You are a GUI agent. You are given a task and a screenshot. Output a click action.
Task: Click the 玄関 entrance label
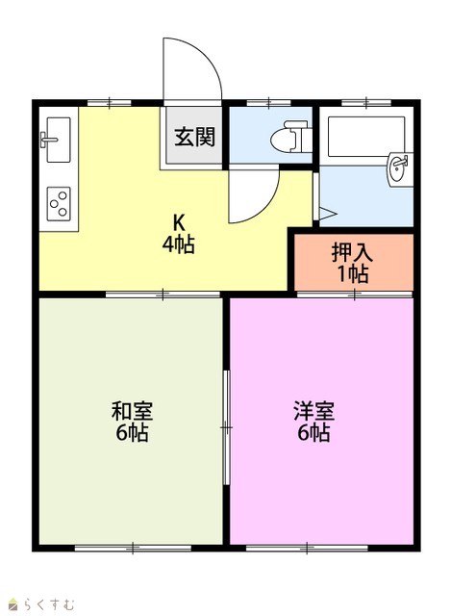tap(194, 137)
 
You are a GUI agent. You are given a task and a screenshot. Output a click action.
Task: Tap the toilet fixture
tap(290, 137)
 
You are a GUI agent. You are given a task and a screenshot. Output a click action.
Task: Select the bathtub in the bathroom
tap(366, 136)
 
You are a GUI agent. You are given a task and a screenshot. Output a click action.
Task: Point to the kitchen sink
tap(58, 140)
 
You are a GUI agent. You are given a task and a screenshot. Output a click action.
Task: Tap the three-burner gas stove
tap(59, 203)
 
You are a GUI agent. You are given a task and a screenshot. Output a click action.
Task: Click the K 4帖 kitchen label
tap(179, 234)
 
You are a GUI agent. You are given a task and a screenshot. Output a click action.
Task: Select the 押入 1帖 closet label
tap(352, 263)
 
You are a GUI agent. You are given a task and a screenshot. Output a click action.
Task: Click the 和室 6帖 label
tap(132, 422)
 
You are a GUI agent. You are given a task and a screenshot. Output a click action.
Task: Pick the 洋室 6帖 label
tap(313, 422)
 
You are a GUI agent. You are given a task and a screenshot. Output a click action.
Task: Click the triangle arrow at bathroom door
tap(328, 214)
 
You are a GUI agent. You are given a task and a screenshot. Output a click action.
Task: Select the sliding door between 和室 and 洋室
tap(226, 427)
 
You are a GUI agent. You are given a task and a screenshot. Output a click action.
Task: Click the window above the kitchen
tap(109, 103)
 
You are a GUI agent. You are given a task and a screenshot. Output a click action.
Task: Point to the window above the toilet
tap(268, 103)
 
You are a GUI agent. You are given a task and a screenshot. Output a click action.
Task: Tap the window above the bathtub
tap(366, 103)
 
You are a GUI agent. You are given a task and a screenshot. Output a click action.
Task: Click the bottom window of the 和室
tap(133, 548)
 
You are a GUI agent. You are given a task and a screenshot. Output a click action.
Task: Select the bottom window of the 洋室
tap(307, 548)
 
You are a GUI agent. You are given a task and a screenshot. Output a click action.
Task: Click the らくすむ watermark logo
tap(42, 603)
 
